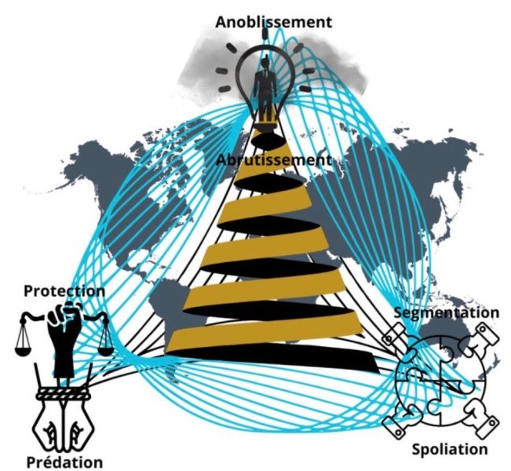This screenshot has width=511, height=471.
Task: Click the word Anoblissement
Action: click(273, 22)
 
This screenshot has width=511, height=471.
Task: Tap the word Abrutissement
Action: click(274, 160)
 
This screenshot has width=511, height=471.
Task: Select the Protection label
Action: click(64, 291)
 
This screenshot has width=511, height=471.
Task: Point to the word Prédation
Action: click(64, 462)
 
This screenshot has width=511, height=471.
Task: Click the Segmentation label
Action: click(447, 312)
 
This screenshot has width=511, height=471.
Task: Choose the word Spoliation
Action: click(450, 449)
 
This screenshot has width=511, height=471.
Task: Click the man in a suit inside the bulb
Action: click(266, 88)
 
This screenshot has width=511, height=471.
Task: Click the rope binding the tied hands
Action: click(63, 393)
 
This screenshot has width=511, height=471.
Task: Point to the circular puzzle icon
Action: click(440, 380)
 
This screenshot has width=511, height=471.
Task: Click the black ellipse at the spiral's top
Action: click(269, 141)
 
